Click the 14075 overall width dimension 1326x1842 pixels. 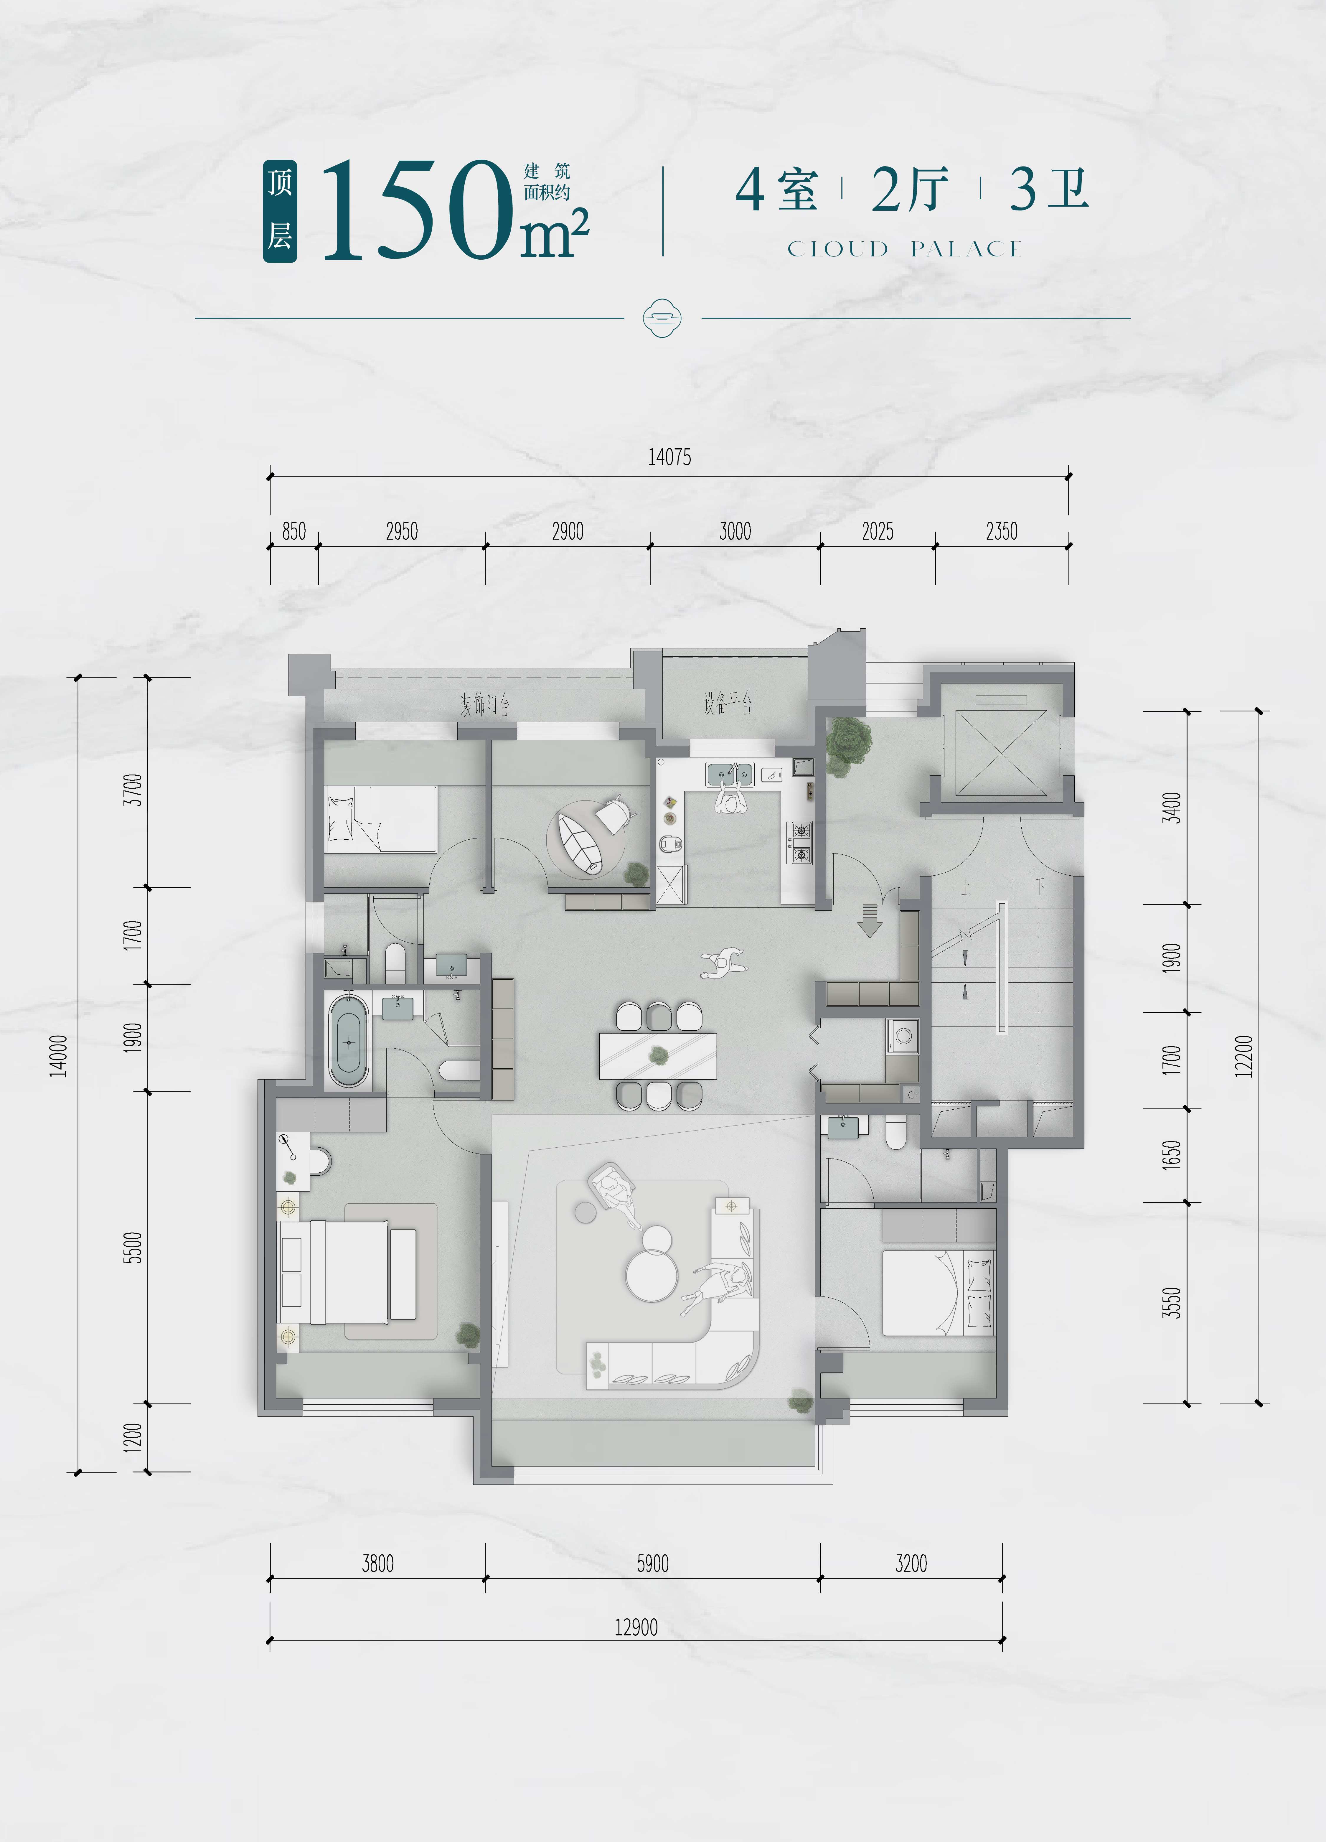coord(669,457)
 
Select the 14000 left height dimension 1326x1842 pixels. coord(58,1056)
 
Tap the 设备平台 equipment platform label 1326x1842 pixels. coord(728,703)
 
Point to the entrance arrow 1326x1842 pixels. coord(870,920)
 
